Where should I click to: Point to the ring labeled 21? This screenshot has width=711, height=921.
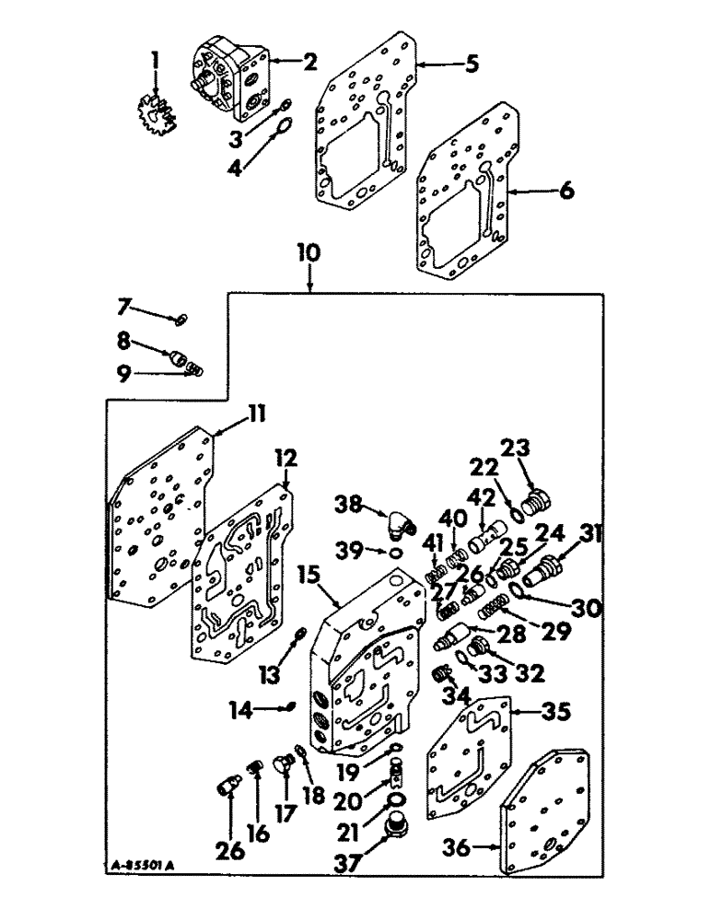[395, 799]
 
